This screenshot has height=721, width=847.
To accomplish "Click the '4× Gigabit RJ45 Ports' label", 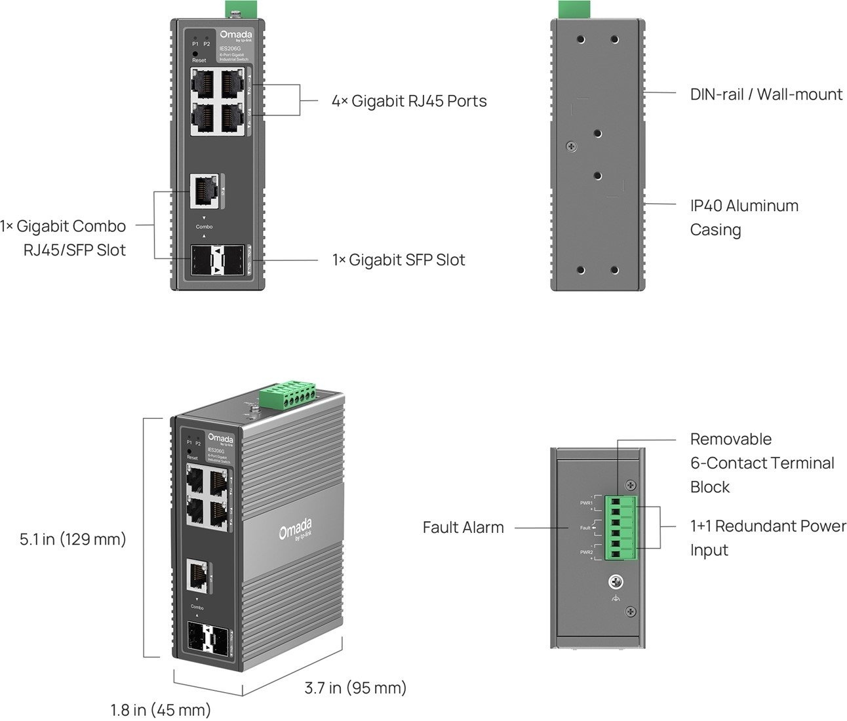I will point(409,101).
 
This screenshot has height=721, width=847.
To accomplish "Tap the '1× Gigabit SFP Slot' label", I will point(399,260).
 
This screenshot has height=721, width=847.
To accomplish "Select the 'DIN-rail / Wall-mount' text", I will point(766,94).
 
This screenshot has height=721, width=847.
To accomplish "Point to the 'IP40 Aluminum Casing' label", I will point(743,218).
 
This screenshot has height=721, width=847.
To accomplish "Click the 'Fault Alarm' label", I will point(463,527).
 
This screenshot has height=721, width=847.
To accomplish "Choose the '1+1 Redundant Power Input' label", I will point(767,537).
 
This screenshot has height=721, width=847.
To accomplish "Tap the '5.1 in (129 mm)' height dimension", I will point(73,539).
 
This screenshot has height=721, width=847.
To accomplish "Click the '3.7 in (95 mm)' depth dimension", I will point(355,688).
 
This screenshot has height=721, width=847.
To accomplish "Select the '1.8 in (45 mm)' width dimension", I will point(161,710).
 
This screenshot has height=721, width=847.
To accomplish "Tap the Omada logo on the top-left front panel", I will point(233,35).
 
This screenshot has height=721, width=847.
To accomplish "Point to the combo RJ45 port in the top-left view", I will point(203,191).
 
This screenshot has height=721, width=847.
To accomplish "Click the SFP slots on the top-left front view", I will point(217,261).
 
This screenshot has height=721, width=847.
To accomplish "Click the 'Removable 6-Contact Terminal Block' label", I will point(762,463).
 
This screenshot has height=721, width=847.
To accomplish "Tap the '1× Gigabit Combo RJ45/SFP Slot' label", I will point(64,238).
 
